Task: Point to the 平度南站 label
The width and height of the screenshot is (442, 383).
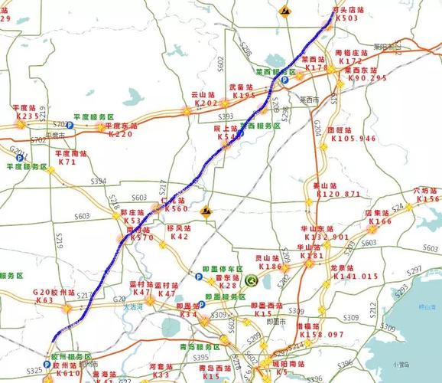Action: (x=67, y=154)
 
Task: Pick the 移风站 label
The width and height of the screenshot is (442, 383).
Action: (x=179, y=228)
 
